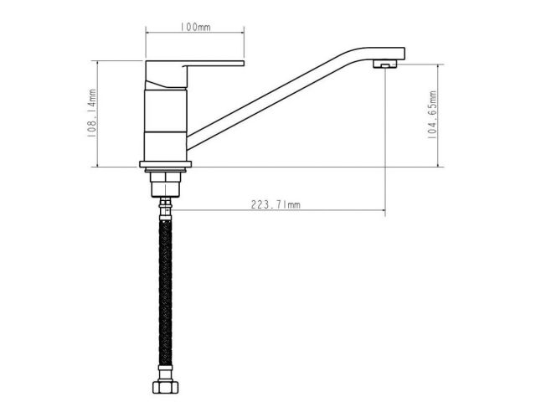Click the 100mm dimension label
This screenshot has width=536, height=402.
(195, 27)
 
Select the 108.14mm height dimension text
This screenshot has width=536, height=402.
(91, 113)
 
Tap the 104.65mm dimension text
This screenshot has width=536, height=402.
(432, 115)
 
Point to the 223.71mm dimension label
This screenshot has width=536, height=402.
(276, 204)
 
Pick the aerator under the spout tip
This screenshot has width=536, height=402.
(384, 64)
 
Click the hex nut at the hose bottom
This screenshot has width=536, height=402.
(166, 387)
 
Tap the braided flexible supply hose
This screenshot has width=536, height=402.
(166, 292)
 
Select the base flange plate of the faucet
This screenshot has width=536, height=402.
(166, 164)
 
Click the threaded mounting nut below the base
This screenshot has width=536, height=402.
(166, 184)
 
